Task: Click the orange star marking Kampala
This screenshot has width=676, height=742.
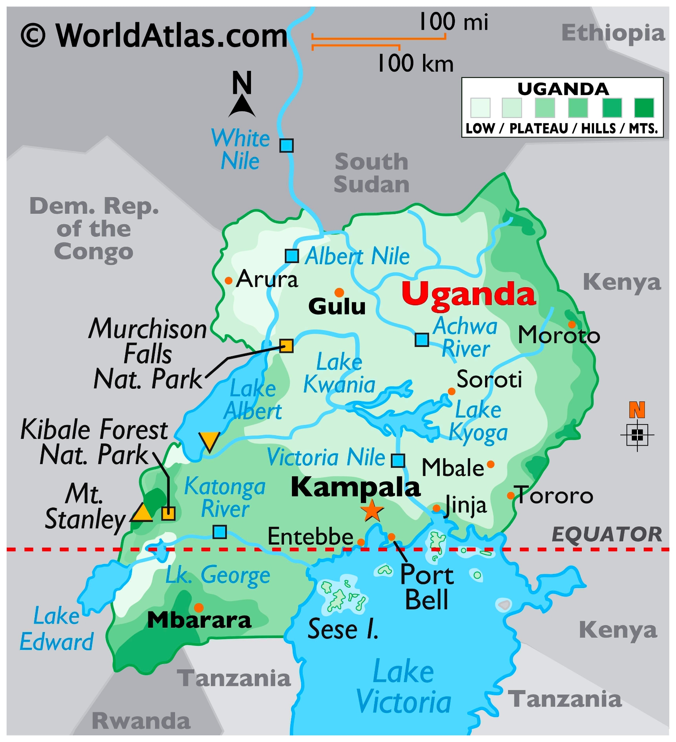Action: [372, 511]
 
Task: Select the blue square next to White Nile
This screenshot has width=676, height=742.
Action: [286, 145]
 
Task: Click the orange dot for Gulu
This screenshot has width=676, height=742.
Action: [339, 292]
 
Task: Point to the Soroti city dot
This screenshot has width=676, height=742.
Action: [451, 391]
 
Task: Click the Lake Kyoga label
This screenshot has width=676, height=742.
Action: [478, 421]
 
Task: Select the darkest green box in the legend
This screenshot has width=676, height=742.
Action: [644, 108]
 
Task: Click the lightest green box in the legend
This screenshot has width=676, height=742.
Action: [480, 108]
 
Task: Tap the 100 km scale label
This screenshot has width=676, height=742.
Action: [415, 63]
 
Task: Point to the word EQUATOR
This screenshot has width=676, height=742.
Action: [607, 535]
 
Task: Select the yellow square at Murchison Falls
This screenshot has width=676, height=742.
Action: [286, 345]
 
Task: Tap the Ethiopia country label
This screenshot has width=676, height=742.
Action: [613, 33]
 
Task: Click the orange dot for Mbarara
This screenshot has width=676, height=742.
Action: [199, 608]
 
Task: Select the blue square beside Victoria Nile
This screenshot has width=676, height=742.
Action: [398, 460]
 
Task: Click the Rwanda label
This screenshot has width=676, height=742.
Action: [141, 721]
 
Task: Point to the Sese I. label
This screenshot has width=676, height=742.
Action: [343, 630]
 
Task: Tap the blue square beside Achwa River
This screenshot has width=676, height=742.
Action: [422, 339]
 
